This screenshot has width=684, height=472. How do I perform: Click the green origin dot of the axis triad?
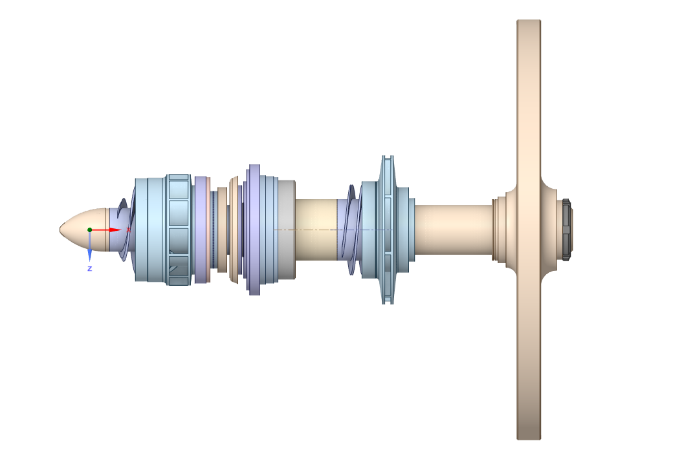click(x=89, y=230)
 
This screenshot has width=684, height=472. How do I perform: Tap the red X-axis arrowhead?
click(x=115, y=230)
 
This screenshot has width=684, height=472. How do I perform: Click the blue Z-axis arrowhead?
click(x=89, y=255)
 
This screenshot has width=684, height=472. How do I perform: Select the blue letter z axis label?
click(x=89, y=268)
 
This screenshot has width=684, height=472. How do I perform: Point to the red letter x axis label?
click(x=128, y=230)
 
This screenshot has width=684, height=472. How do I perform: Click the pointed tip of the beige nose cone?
click(x=60, y=230)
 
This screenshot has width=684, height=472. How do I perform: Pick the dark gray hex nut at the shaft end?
click(x=566, y=230)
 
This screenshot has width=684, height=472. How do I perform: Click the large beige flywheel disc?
click(x=529, y=230)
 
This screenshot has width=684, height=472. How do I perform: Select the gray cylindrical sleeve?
click(x=287, y=230)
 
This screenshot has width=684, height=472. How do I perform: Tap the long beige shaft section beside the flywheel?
click(x=453, y=230)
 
